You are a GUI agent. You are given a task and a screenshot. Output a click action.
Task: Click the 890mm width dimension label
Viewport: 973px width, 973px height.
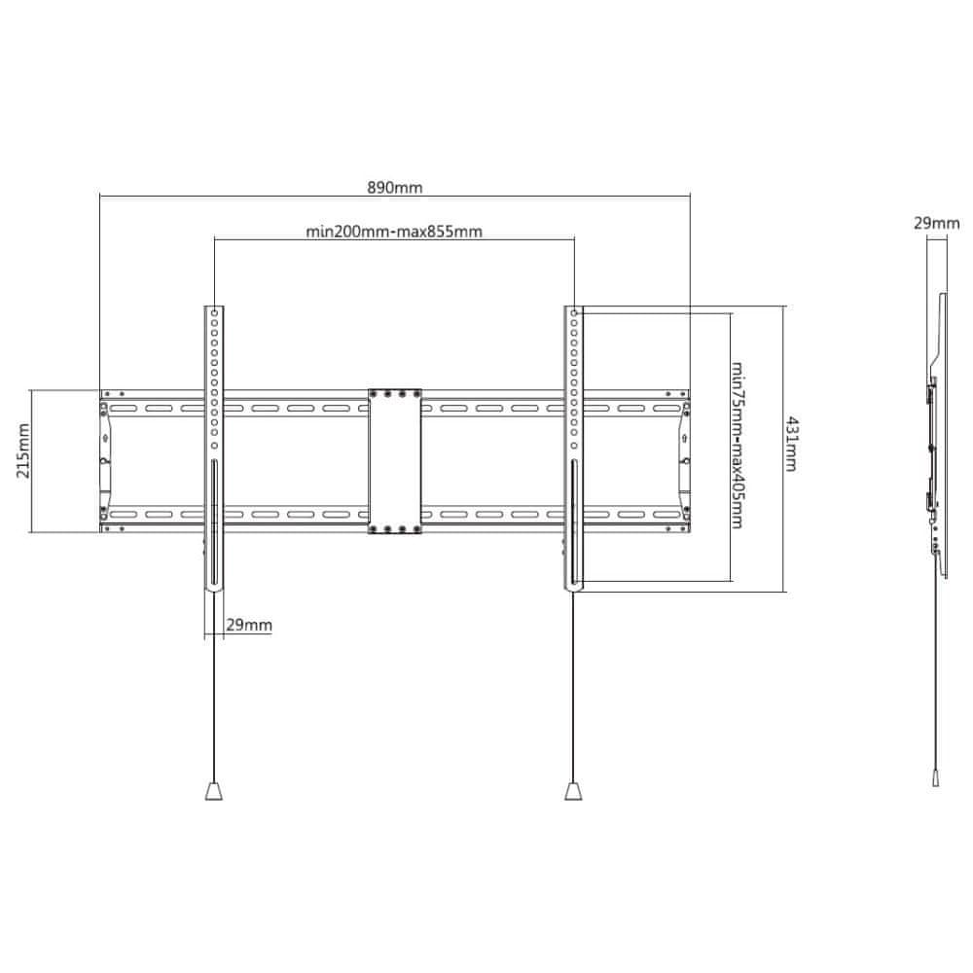click(x=395, y=188)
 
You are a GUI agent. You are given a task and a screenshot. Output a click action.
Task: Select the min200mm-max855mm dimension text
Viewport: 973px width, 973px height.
click(x=394, y=232)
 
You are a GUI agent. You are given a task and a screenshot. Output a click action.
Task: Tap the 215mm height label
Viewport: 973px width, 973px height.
click(x=23, y=460)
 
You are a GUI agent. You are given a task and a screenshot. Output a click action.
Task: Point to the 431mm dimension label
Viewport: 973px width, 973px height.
click(x=791, y=445)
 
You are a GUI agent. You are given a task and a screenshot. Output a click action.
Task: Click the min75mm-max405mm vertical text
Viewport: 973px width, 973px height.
click(x=738, y=446)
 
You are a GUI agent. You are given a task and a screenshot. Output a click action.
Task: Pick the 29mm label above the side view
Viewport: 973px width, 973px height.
click(x=936, y=224)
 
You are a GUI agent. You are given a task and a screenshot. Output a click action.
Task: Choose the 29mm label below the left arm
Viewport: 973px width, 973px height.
click(x=249, y=625)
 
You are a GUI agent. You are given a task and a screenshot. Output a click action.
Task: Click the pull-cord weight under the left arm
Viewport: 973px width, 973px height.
click(x=213, y=791)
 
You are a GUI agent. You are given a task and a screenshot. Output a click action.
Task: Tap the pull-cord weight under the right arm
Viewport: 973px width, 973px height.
click(x=573, y=791)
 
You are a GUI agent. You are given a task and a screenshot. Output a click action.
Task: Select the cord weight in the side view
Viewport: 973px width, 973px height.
click(x=936, y=778)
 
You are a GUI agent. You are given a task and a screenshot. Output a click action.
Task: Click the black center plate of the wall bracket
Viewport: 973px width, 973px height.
click(x=395, y=461)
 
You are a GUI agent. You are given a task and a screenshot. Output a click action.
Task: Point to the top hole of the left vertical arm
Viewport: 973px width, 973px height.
click(x=214, y=313)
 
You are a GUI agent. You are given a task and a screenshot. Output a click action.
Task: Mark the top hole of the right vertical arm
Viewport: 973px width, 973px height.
click(x=574, y=313)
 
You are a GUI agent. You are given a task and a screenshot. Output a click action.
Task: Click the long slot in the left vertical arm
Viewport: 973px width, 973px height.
click(x=214, y=523)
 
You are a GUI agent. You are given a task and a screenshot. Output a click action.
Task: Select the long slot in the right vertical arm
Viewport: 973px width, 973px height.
click(x=574, y=523)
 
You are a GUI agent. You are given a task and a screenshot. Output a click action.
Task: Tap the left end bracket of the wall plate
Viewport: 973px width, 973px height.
click(x=105, y=461)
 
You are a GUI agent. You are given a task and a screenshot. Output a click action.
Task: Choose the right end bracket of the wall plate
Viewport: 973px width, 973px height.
click(x=684, y=461)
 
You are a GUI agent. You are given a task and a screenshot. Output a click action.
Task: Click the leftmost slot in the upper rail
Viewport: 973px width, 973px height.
click(x=123, y=409)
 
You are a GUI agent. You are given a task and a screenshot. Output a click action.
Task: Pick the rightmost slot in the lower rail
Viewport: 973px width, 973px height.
click(x=667, y=515)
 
